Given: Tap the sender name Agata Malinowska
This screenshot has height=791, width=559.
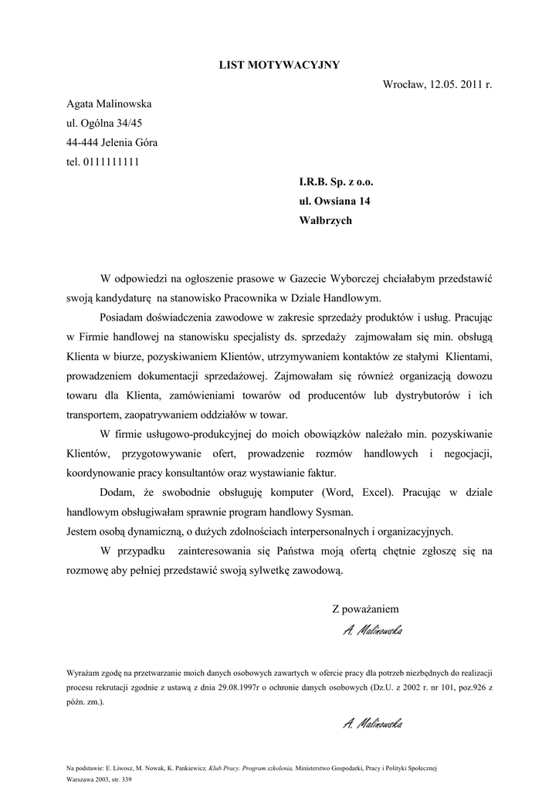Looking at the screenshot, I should (x=109, y=104).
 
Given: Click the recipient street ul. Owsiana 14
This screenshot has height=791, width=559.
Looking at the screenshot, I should (x=334, y=202).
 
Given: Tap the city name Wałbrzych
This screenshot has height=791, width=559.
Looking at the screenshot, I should (x=325, y=221).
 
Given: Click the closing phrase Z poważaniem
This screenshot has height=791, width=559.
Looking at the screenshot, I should (x=366, y=609).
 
